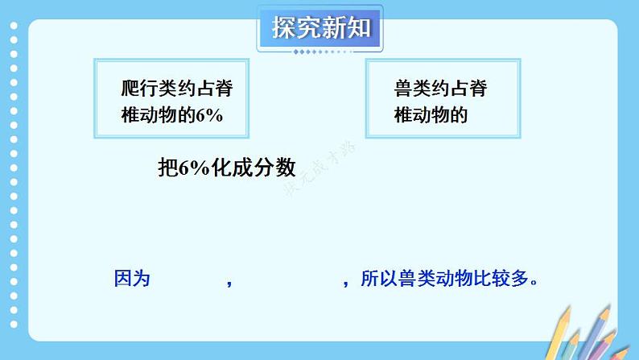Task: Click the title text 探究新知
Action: [319, 28]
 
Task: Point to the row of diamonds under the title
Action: [319, 52]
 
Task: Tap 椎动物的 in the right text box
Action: [431, 115]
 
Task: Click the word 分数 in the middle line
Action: [278, 168]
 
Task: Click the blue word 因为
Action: [132, 279]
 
